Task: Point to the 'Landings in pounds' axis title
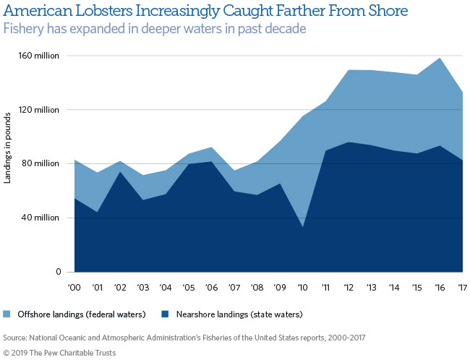pyautogui.click(x=8, y=147)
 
